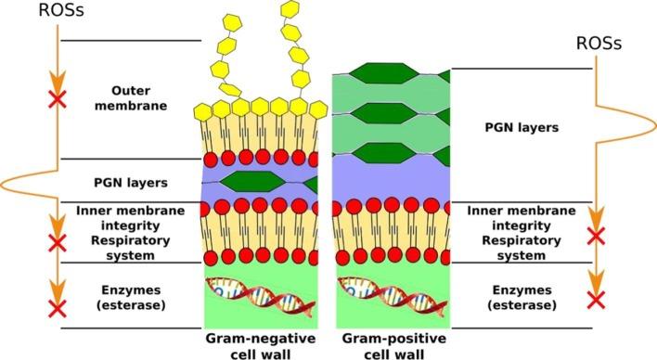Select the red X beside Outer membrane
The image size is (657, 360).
click(x=58, y=98)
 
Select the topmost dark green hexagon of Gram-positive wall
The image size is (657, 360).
click(x=392, y=74)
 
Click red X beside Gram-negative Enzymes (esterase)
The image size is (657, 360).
click(x=58, y=308)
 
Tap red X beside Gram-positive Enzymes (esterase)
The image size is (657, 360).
click(x=597, y=298)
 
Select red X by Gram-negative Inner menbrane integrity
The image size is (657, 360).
click(x=58, y=243)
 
